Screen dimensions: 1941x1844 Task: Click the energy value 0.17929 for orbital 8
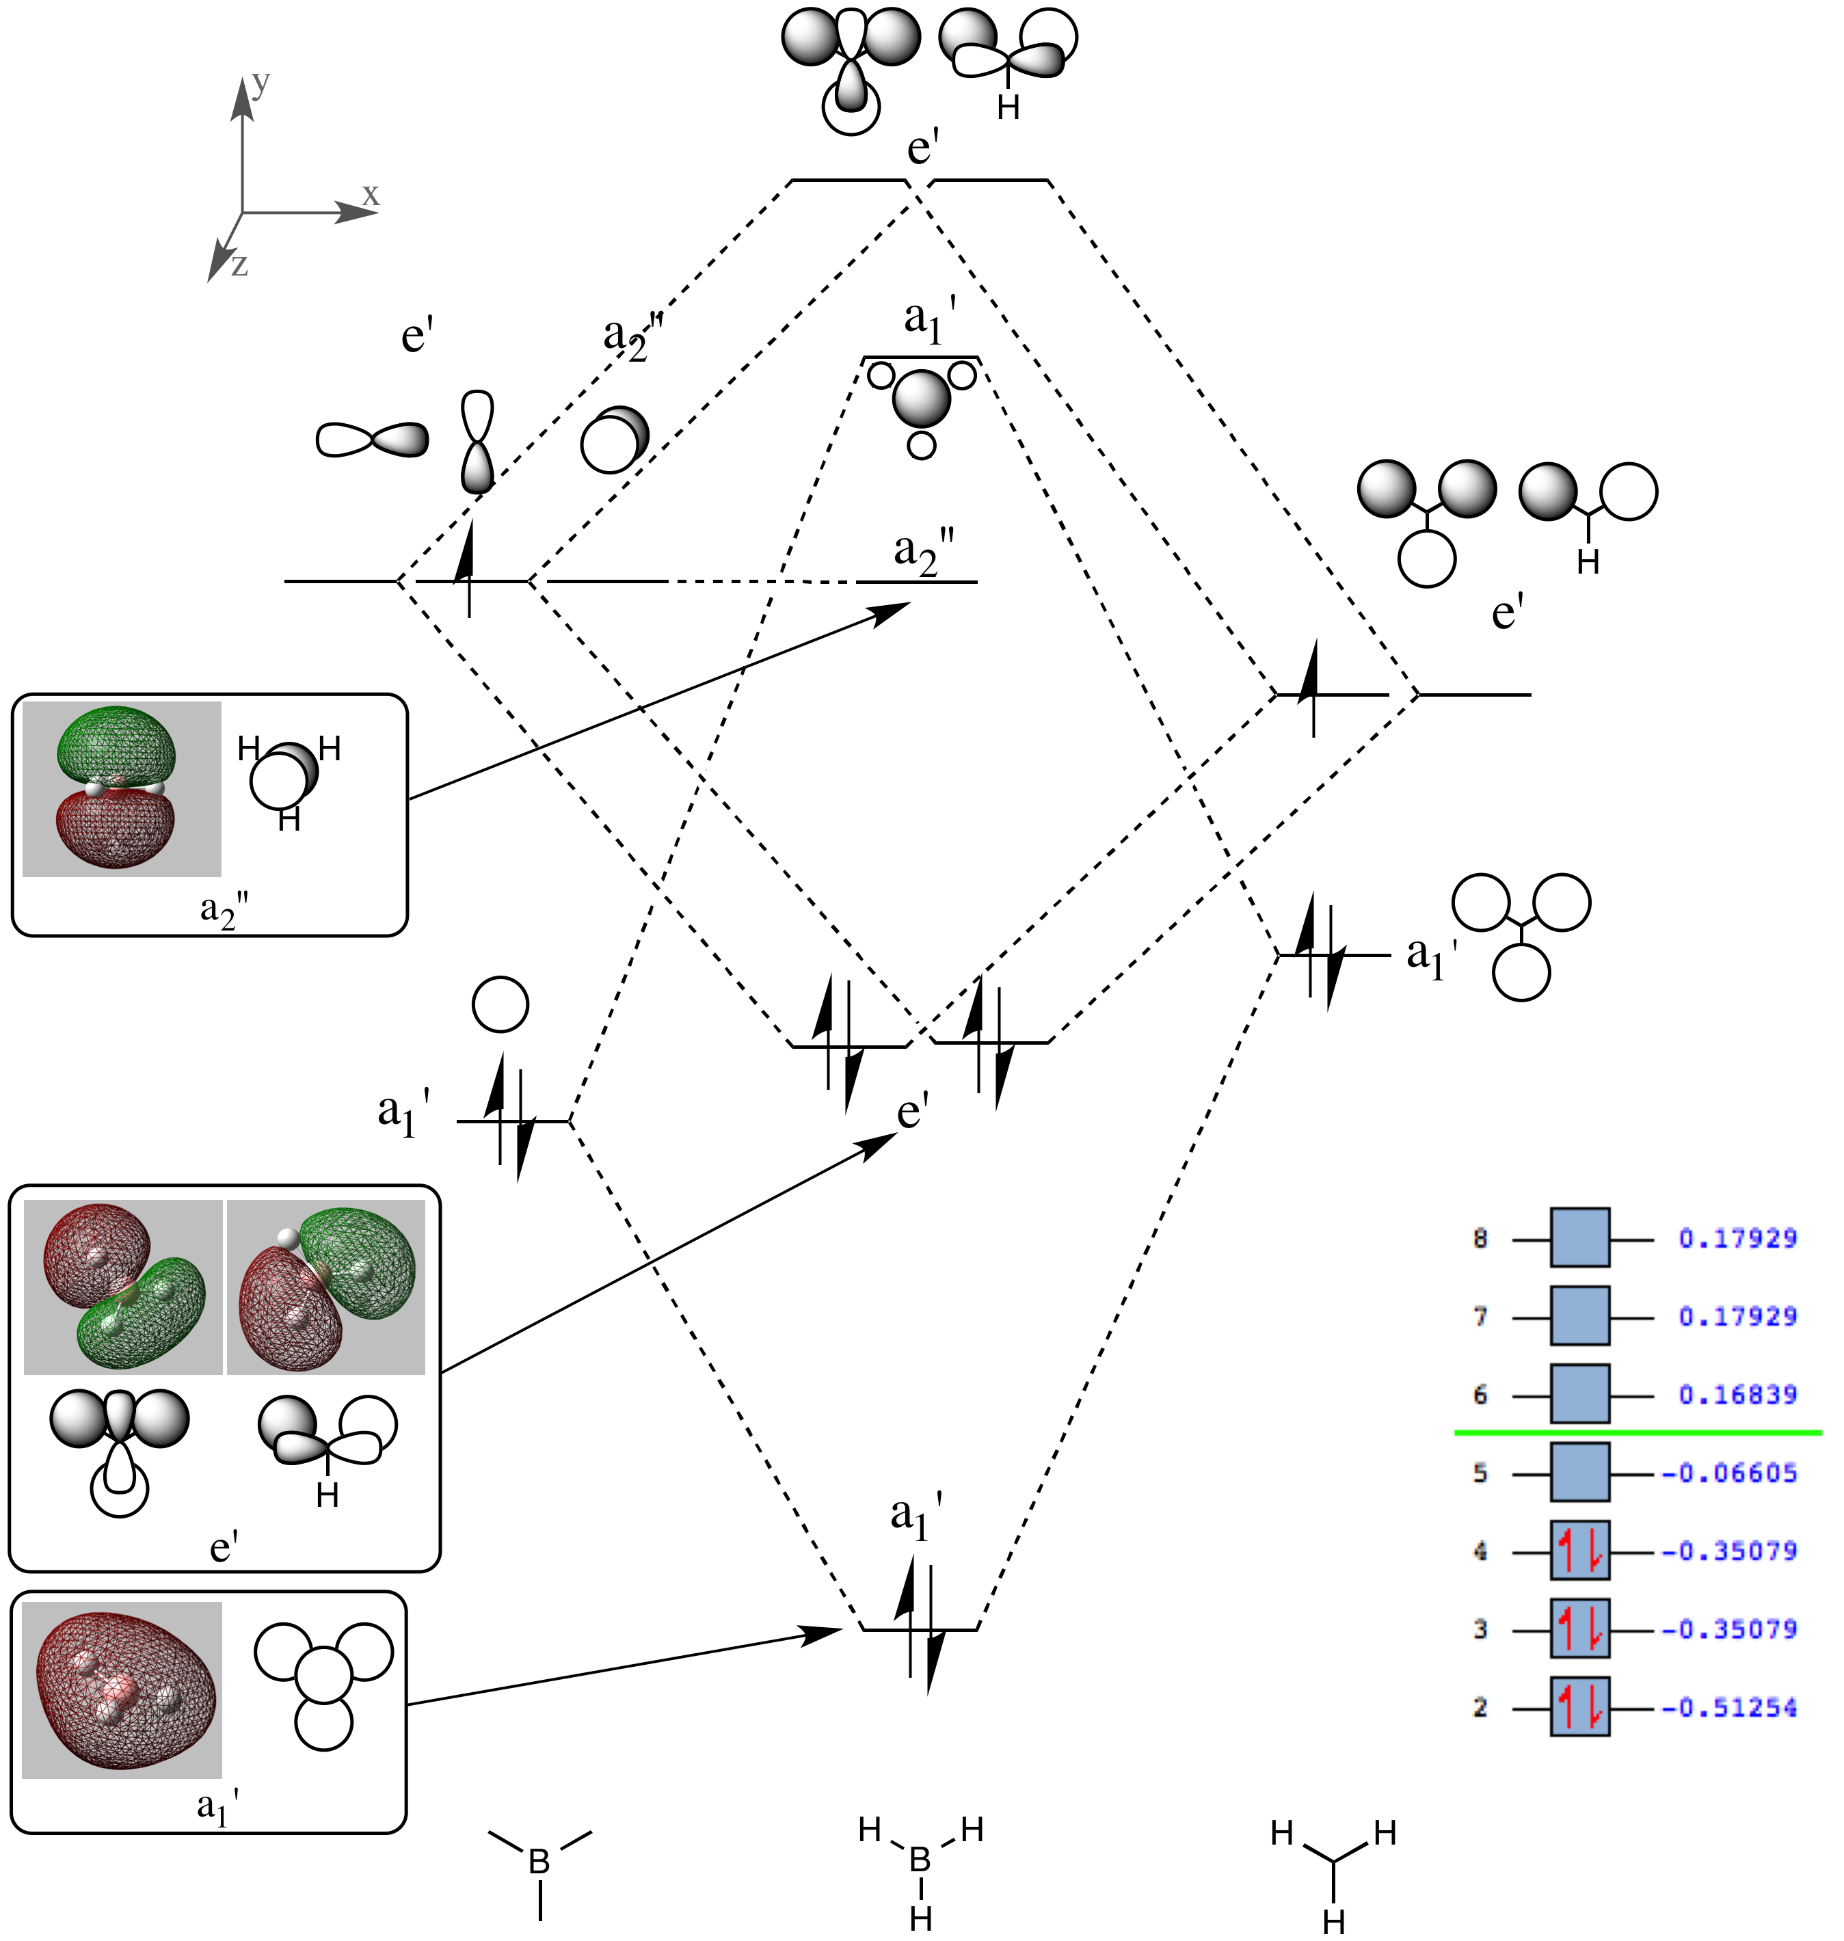1737,1238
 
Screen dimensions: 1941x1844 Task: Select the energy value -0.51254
1729,1707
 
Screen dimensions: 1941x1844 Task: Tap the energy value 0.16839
1737,1395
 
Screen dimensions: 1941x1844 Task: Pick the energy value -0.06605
1729,1472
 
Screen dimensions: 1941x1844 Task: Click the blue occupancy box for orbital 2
1579,1707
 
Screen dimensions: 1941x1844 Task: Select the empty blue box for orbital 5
1579,1472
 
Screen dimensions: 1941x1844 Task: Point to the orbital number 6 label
1480,1395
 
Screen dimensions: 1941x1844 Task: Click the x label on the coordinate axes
371,195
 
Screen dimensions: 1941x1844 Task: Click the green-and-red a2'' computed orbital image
121,788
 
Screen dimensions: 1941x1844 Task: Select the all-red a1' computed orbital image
122,1690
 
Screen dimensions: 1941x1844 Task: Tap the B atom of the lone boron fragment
539,1862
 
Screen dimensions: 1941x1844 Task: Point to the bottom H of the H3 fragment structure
1334,1921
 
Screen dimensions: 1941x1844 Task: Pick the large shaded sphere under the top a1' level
922,398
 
